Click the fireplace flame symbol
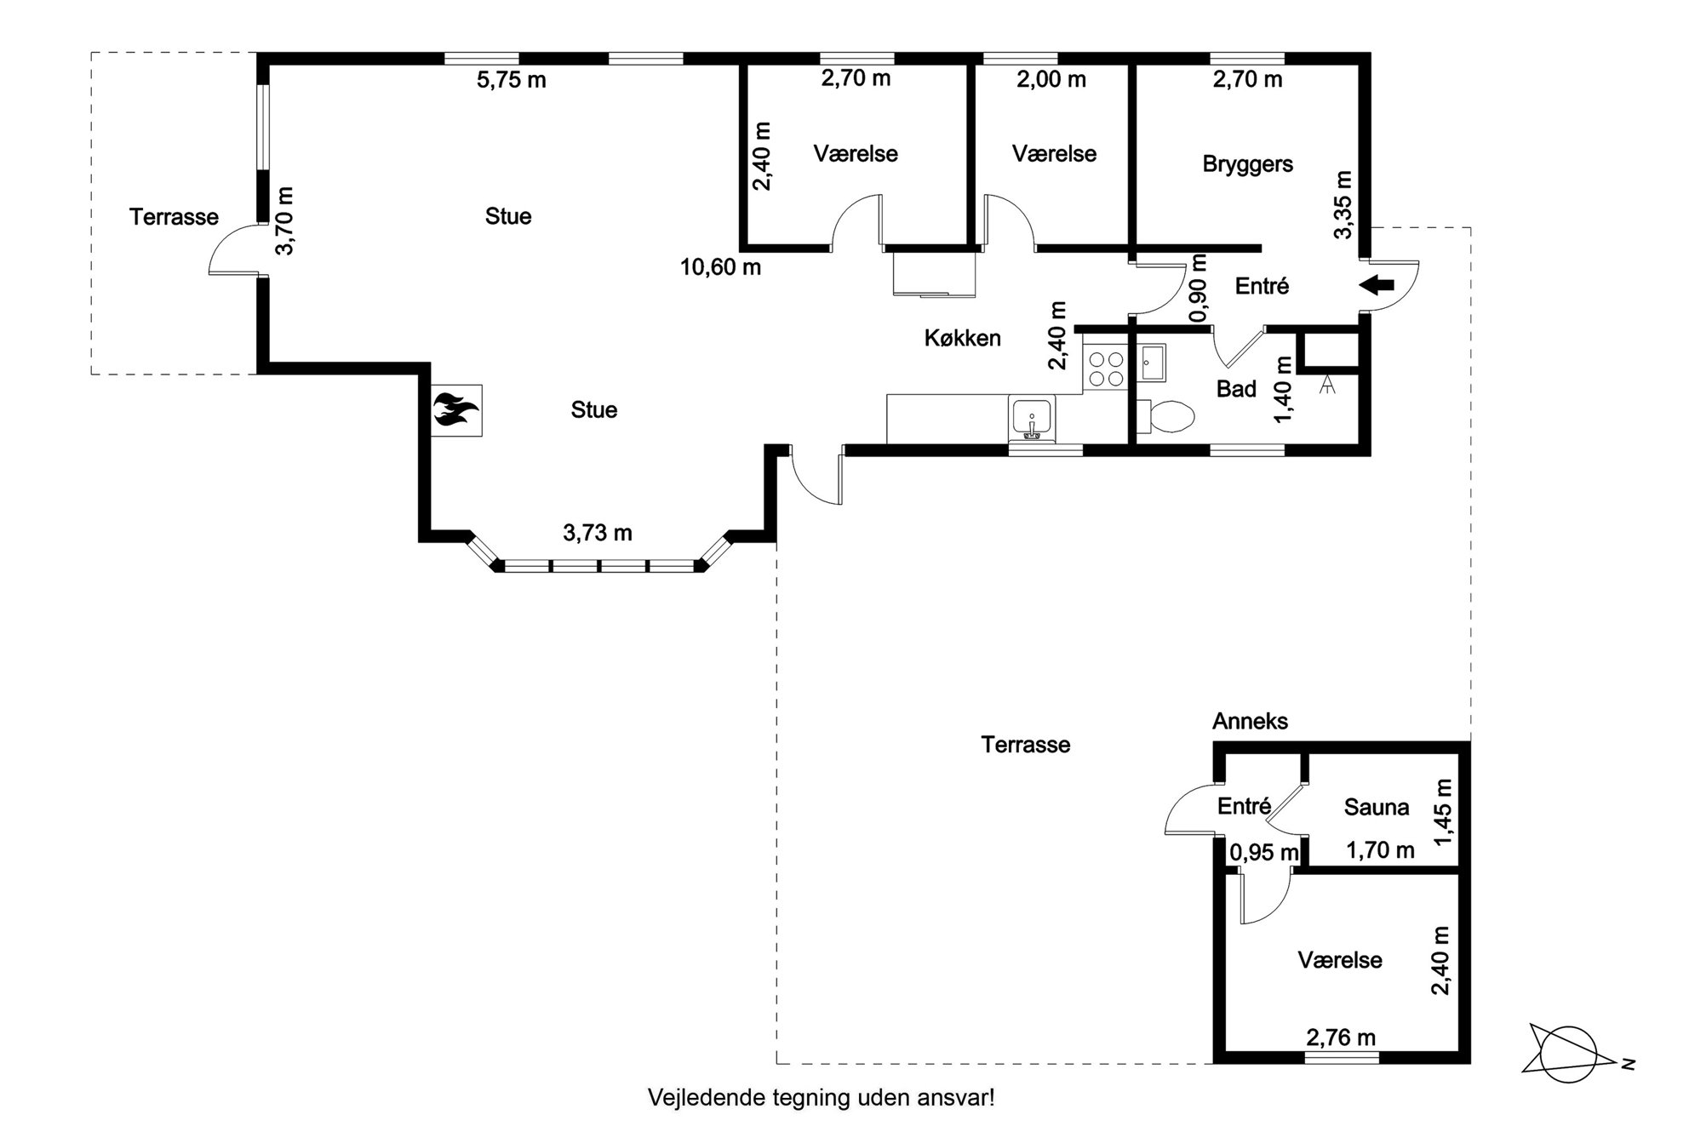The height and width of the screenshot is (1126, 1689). tap(455, 409)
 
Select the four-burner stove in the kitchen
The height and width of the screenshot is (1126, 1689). tap(1105, 370)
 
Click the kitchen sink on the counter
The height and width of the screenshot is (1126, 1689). tap(1032, 418)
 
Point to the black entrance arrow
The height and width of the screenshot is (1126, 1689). tap(1377, 285)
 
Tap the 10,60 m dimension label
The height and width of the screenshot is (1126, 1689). tap(720, 267)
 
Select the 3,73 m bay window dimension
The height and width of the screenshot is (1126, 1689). tap(597, 533)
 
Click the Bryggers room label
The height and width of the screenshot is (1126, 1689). tap(1247, 164)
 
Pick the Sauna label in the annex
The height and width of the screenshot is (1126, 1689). tap(1376, 807)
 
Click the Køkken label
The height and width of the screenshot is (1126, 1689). tap(962, 338)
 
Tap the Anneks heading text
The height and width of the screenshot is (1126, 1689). tap(1250, 721)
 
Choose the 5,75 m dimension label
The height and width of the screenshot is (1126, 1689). tap(511, 80)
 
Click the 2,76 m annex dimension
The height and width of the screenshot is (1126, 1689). tap(1341, 1037)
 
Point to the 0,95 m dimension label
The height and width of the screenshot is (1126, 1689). tap(1264, 851)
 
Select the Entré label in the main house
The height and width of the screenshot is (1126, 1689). tap(1262, 286)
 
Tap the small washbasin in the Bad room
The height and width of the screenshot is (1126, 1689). tap(1153, 363)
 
